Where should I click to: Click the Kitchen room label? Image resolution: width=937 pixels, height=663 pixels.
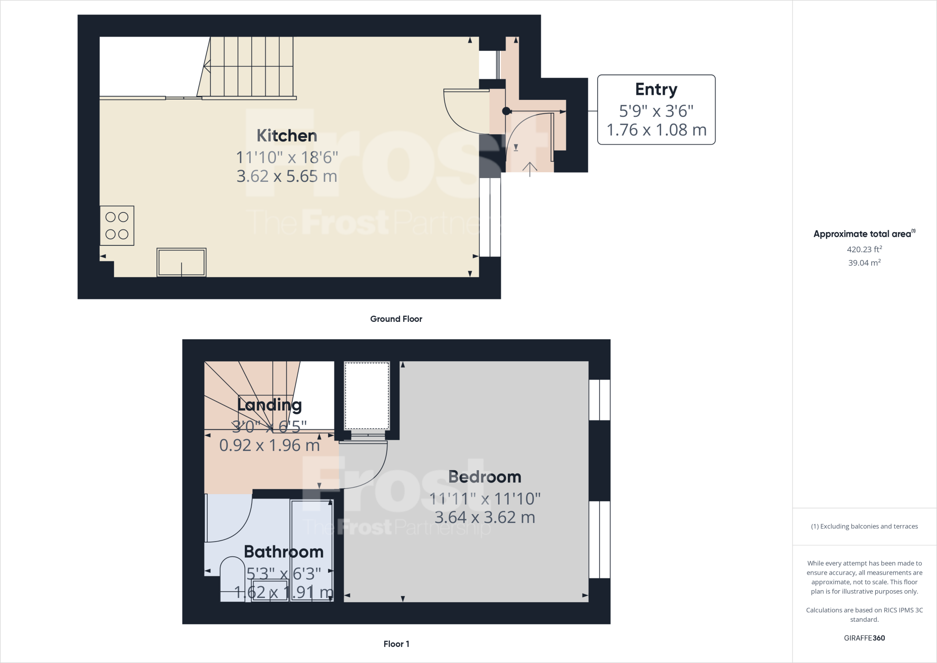(x=287, y=136)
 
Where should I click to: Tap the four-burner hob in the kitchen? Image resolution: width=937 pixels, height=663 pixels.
(x=117, y=226)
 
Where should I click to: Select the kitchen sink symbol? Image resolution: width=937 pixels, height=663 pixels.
(x=182, y=262)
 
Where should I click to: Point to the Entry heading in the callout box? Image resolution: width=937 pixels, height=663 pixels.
(x=656, y=89)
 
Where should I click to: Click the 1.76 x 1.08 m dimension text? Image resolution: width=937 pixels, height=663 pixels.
(x=657, y=130)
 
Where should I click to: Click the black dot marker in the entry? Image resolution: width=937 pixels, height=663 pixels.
(x=506, y=111)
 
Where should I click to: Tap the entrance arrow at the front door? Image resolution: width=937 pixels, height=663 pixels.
(x=530, y=168)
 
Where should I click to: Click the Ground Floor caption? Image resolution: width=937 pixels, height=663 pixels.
(x=396, y=319)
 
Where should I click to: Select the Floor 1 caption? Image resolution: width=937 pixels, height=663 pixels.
(x=396, y=644)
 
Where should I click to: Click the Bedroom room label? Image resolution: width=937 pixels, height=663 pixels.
(x=485, y=477)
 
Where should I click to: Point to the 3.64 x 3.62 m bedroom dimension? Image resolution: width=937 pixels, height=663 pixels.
(x=485, y=517)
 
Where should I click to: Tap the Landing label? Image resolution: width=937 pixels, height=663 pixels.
(x=269, y=405)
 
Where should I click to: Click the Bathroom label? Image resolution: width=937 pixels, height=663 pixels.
(x=284, y=552)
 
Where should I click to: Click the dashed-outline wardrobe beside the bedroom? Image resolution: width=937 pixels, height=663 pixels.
(x=367, y=396)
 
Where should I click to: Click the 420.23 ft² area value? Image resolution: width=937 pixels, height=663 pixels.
(x=864, y=250)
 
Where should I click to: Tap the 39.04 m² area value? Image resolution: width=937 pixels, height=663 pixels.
(x=864, y=263)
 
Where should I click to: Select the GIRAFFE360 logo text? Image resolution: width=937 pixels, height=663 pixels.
(x=864, y=638)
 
